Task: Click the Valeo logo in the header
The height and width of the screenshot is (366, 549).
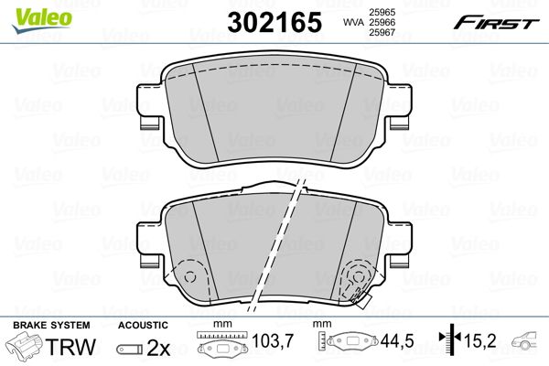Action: pyautogui.click(x=41, y=20)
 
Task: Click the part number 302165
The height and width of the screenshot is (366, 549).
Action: pyautogui.click(x=274, y=22)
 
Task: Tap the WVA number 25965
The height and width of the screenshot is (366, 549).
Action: pyautogui.click(x=382, y=12)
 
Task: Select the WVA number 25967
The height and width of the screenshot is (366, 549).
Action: pyautogui.click(x=382, y=32)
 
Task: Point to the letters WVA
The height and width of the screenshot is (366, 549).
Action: pyautogui.click(x=353, y=22)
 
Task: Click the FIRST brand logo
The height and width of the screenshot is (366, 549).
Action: pyautogui.click(x=496, y=23)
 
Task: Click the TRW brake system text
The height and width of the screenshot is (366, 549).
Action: pyautogui.click(x=70, y=347)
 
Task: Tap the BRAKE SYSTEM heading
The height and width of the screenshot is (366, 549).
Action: pyautogui.click(x=51, y=326)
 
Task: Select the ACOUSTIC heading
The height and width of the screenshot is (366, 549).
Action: pyautogui.click(x=143, y=326)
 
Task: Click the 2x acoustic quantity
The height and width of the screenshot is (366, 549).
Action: pyautogui.click(x=158, y=348)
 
